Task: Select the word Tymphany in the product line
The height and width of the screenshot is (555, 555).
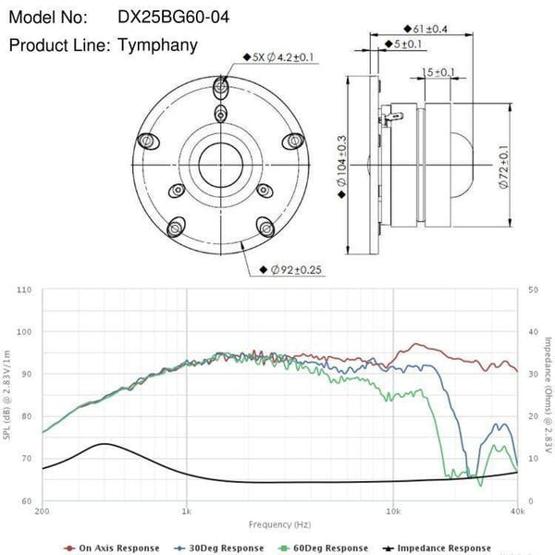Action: click(x=158, y=45)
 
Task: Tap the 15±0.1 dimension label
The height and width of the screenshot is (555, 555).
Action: click(x=438, y=71)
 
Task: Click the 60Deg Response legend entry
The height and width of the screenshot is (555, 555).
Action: click(x=319, y=548)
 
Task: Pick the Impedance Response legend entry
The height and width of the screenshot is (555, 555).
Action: click(x=432, y=548)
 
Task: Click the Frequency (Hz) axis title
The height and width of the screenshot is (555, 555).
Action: click(x=279, y=523)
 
